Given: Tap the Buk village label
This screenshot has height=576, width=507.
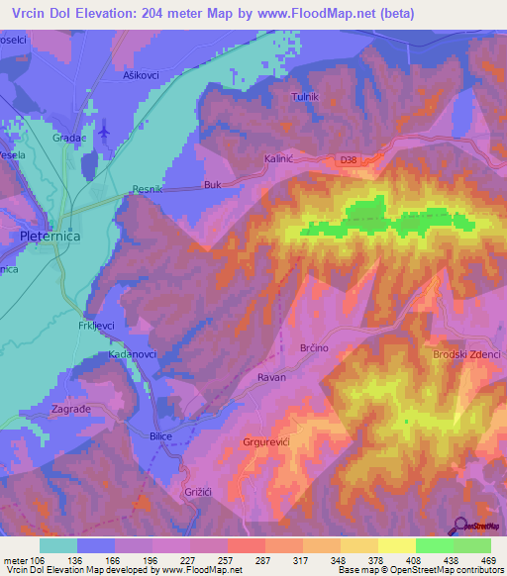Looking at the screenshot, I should point(211,184).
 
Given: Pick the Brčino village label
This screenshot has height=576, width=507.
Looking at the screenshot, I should point(313,349).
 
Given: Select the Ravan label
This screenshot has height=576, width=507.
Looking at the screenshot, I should point(271,377).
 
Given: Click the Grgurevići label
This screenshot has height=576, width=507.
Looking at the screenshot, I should point(267,441).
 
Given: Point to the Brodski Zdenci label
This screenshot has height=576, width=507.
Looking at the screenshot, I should point(467,354).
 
